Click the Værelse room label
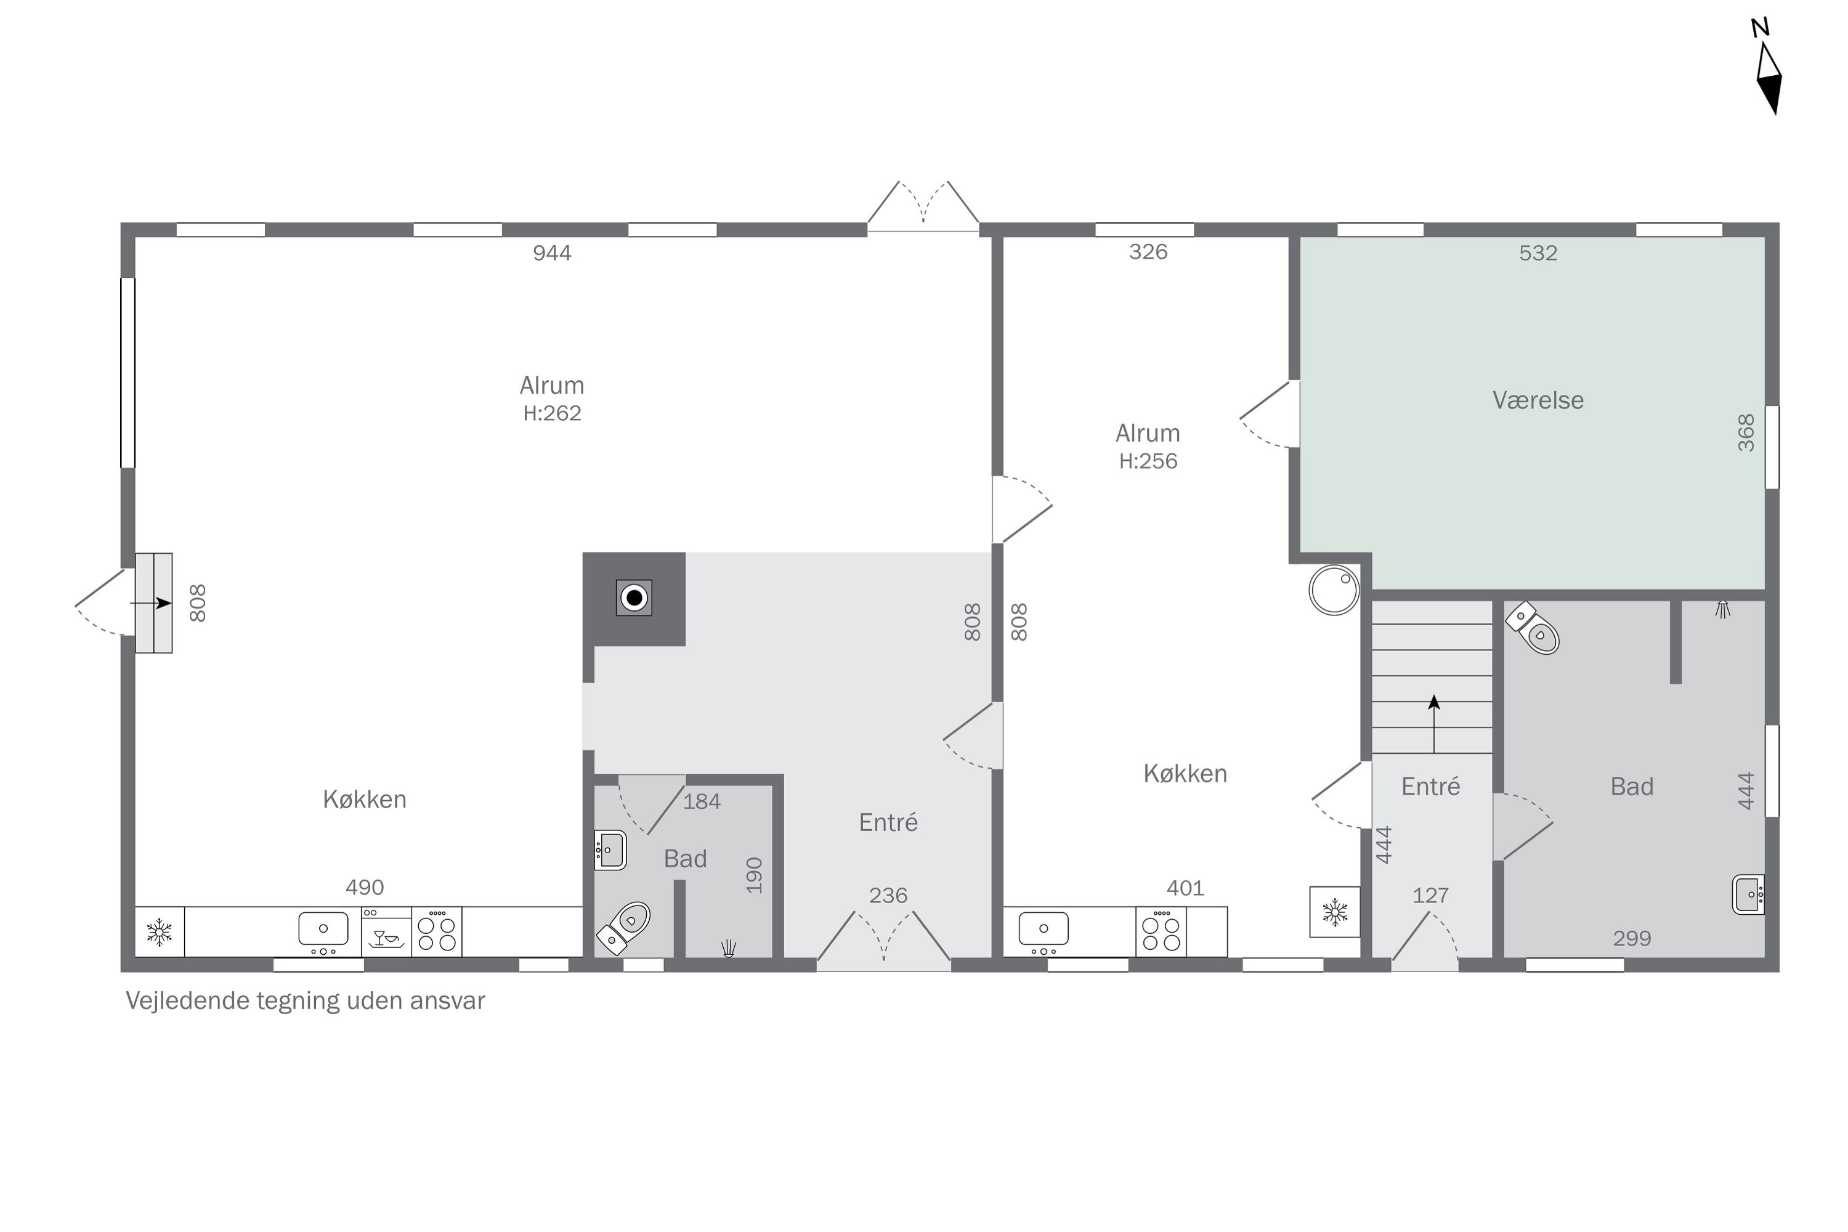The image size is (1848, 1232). (x=1538, y=400)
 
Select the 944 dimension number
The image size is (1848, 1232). (x=553, y=253)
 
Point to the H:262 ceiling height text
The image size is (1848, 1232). (x=553, y=413)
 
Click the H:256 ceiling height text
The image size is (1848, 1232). (x=1148, y=461)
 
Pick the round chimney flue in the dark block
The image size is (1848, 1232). (x=634, y=598)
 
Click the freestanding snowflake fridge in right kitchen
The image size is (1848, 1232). (x=1334, y=912)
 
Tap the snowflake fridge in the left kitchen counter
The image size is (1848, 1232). (x=160, y=932)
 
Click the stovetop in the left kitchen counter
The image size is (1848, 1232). (x=437, y=932)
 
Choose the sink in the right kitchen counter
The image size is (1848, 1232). (x=1044, y=931)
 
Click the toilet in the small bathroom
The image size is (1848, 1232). (x=624, y=926)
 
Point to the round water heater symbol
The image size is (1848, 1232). (x=1334, y=590)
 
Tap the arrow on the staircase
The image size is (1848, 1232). (x=1434, y=724)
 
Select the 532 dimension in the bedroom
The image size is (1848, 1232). (x=1538, y=253)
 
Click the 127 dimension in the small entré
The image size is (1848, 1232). (x=1430, y=896)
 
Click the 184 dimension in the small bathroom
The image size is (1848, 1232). (x=702, y=801)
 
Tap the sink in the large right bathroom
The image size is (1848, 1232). (x=1748, y=894)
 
